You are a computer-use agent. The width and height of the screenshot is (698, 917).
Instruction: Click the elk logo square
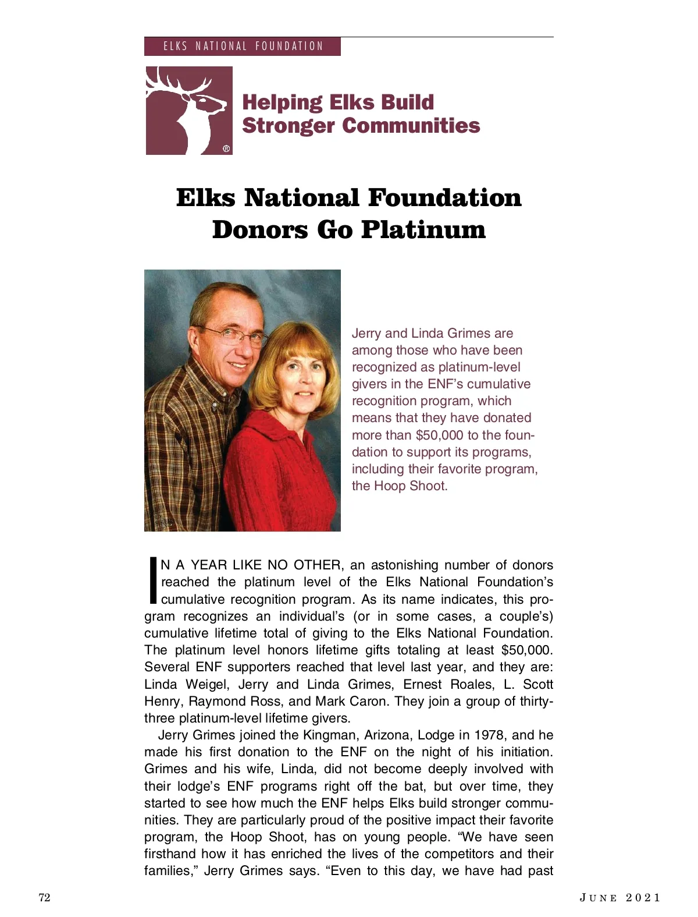tap(188, 110)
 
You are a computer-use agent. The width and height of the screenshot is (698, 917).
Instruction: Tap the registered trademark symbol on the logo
tap(226, 148)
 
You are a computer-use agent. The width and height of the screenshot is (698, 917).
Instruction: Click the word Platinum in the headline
tap(423, 229)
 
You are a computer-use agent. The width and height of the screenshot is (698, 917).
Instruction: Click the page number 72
tap(44, 897)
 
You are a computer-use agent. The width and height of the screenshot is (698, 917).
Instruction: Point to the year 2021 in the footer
tap(643, 897)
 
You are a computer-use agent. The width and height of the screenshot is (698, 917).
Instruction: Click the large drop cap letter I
tap(152, 580)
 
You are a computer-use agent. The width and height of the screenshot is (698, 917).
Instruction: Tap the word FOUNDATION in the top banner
tap(289, 47)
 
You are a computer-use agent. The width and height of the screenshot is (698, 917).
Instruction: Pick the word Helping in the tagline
tap(282, 102)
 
